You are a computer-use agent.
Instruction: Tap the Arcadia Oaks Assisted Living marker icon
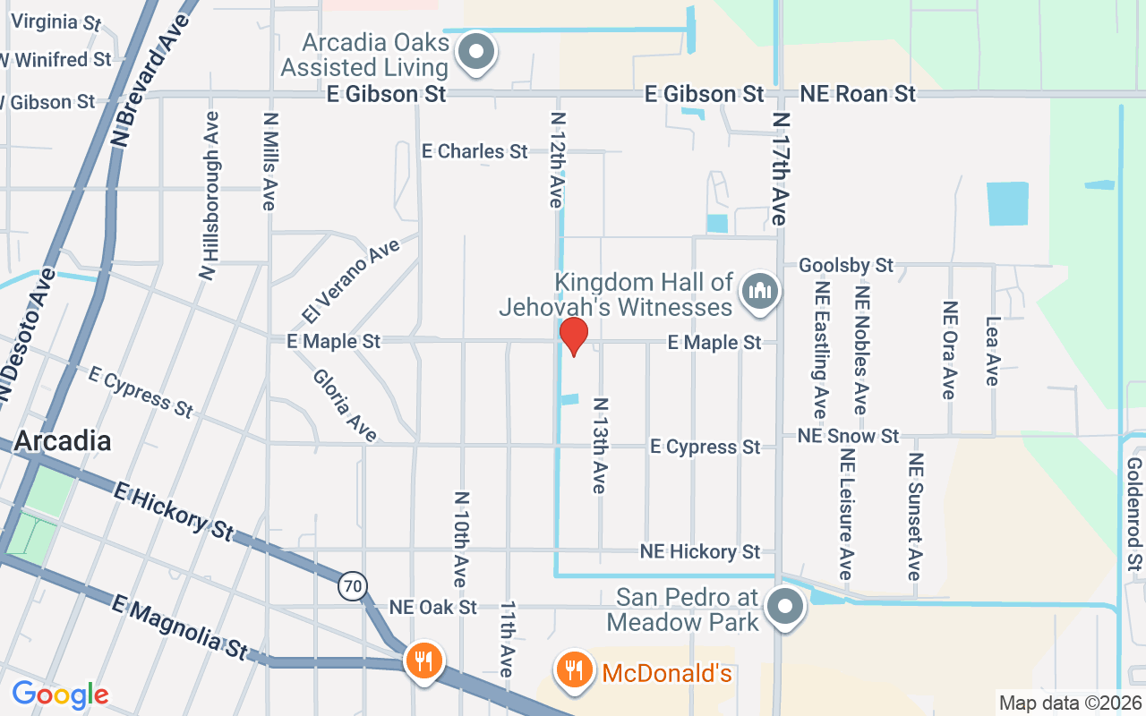click(x=476, y=53)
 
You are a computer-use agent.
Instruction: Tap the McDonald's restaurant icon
click(x=573, y=670)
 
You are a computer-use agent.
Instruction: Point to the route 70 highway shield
click(x=353, y=587)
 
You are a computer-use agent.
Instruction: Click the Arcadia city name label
click(x=63, y=441)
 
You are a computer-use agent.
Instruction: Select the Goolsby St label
click(x=846, y=265)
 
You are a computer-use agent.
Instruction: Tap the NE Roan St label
click(x=858, y=94)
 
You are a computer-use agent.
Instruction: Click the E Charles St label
click(x=475, y=151)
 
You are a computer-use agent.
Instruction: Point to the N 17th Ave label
click(x=781, y=168)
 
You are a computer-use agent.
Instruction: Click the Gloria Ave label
click(x=345, y=405)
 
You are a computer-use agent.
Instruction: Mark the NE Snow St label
click(x=849, y=436)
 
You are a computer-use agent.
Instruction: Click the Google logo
click(x=60, y=694)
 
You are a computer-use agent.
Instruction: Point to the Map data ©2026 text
click(x=1070, y=703)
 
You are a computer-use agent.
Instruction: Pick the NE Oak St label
click(x=433, y=607)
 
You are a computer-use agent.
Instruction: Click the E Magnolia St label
click(x=178, y=630)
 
